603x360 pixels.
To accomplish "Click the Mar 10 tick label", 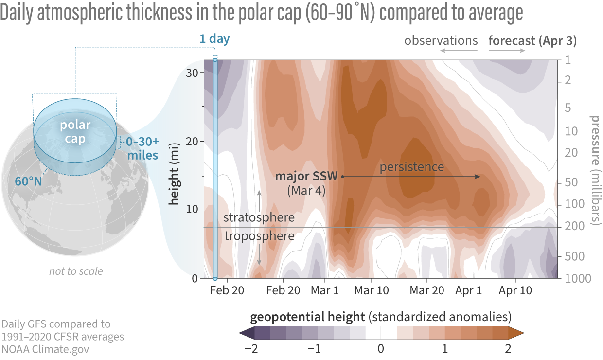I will (372, 290).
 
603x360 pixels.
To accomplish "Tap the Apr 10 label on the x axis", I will (515, 290).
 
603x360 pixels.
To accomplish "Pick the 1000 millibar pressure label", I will (568, 279).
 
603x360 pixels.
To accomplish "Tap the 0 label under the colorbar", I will (381, 349).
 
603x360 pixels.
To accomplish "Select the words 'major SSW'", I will (307, 176).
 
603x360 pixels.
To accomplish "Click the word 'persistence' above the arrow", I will (412, 167).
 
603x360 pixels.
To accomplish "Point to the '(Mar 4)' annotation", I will (306, 191).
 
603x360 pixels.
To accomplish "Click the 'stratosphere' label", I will (259, 217).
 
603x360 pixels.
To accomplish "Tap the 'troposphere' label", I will (259, 236).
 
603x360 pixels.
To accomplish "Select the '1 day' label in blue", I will (214, 39).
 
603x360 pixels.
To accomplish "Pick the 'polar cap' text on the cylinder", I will (75, 132).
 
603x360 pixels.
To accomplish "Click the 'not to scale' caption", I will (76, 271).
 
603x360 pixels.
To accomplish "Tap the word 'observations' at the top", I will (441, 40).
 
